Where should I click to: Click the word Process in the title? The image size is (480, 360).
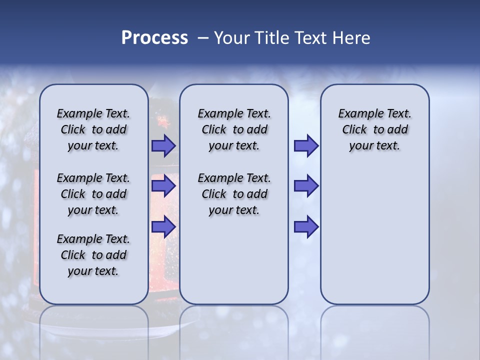[x=154, y=38]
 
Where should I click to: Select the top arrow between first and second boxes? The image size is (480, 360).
[x=163, y=146]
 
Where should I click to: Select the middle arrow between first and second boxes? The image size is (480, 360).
[x=163, y=186]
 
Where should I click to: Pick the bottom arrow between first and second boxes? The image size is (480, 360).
[x=163, y=227]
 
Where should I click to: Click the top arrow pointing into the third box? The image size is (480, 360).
[x=306, y=146]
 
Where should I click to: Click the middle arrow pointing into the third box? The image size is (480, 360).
[x=306, y=186]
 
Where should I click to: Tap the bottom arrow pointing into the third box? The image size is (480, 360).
[x=306, y=227]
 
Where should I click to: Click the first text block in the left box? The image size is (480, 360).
[x=93, y=129]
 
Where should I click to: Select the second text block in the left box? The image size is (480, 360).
[x=93, y=194]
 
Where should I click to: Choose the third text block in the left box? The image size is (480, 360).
[x=93, y=255]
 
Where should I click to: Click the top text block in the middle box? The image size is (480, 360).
[x=234, y=129]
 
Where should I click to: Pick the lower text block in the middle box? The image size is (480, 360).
[x=234, y=194]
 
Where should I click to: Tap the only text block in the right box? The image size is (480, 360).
[x=374, y=129]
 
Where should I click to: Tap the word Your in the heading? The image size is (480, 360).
[x=231, y=38]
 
